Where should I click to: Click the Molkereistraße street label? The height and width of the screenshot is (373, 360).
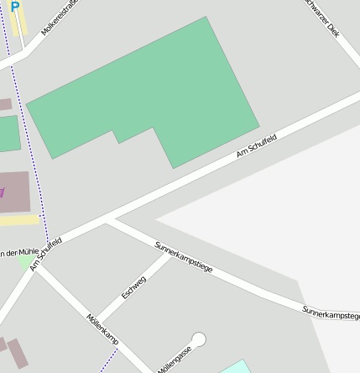tap(59, 16)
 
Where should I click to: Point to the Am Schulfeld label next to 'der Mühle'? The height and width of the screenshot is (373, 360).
tap(46, 254)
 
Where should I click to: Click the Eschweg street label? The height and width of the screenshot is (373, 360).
tap(133, 286)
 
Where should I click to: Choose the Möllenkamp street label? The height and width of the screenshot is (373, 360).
tap(102, 330)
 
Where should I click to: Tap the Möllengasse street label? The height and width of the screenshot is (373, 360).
tap(175, 359)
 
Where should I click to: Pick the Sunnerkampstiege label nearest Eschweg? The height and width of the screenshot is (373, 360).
tap(184, 257)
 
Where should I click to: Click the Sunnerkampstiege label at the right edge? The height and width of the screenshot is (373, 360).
tap(331, 313)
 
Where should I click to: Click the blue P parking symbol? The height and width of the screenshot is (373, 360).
tap(14, 7)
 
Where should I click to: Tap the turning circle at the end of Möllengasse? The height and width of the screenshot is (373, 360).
tap(199, 339)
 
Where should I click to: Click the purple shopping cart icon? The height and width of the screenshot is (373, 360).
tap(2, 192)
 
